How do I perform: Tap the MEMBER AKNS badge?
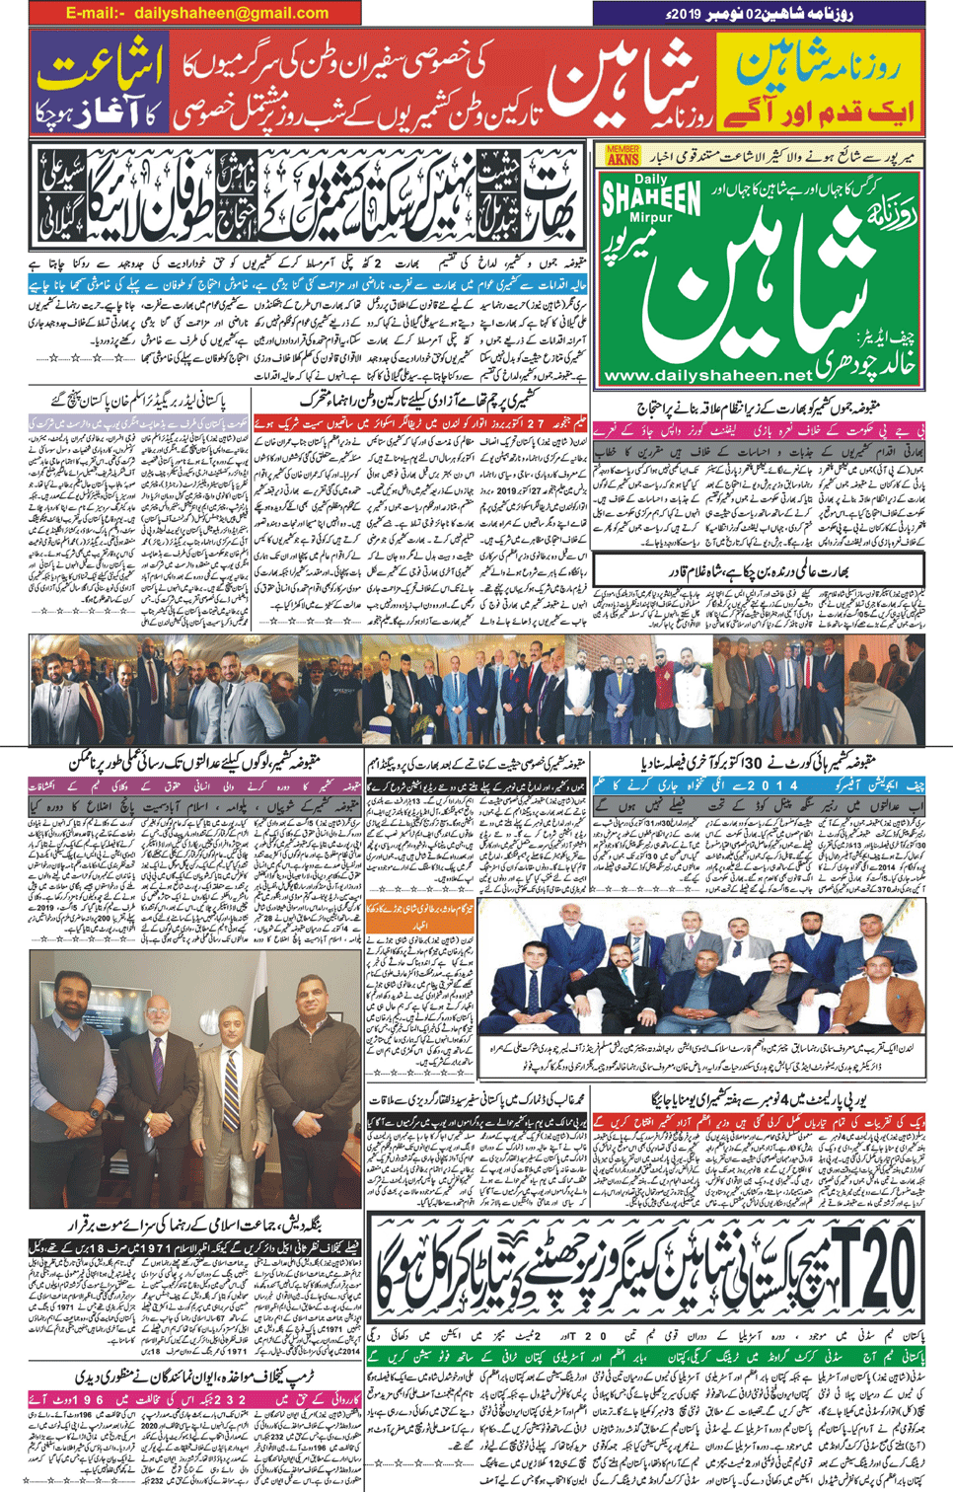tap(623, 155)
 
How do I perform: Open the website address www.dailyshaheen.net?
tap(707, 375)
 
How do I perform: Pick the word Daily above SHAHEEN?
tap(651, 180)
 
